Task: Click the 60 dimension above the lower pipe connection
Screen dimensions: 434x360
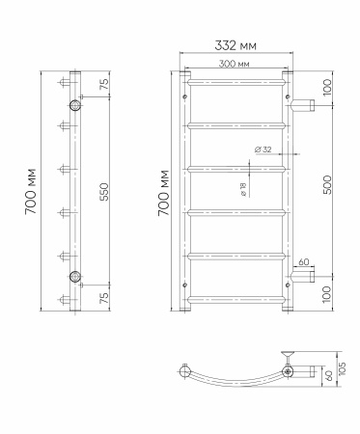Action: tap(302, 262)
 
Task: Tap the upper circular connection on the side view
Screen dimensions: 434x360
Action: tap(75, 104)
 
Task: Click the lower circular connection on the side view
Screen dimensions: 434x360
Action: tap(75, 278)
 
